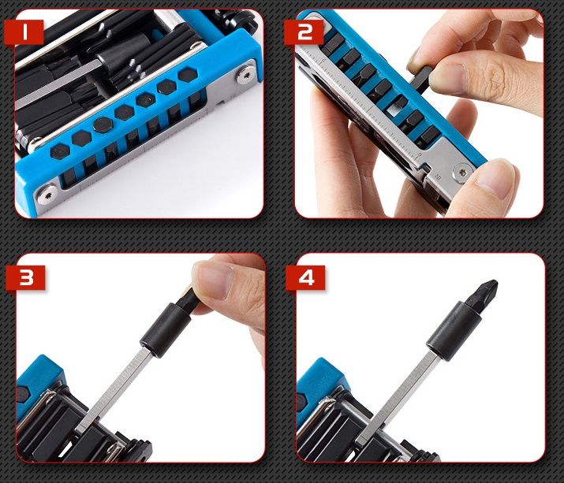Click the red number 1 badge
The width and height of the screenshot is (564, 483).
click(x=24, y=32)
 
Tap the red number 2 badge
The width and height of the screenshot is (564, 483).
click(x=304, y=32)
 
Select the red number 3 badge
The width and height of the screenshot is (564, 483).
click(x=25, y=277)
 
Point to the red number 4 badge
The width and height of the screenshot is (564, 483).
click(x=305, y=277)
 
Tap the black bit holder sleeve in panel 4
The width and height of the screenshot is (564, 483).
click(x=454, y=331)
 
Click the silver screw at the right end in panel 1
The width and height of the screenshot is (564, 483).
click(x=245, y=75)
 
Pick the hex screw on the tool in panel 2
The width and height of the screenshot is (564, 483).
click(x=463, y=173)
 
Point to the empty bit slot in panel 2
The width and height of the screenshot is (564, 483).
click(x=394, y=110)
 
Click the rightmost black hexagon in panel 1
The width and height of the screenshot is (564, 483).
click(x=188, y=75)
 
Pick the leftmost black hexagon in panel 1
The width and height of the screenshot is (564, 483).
click(x=60, y=151)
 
